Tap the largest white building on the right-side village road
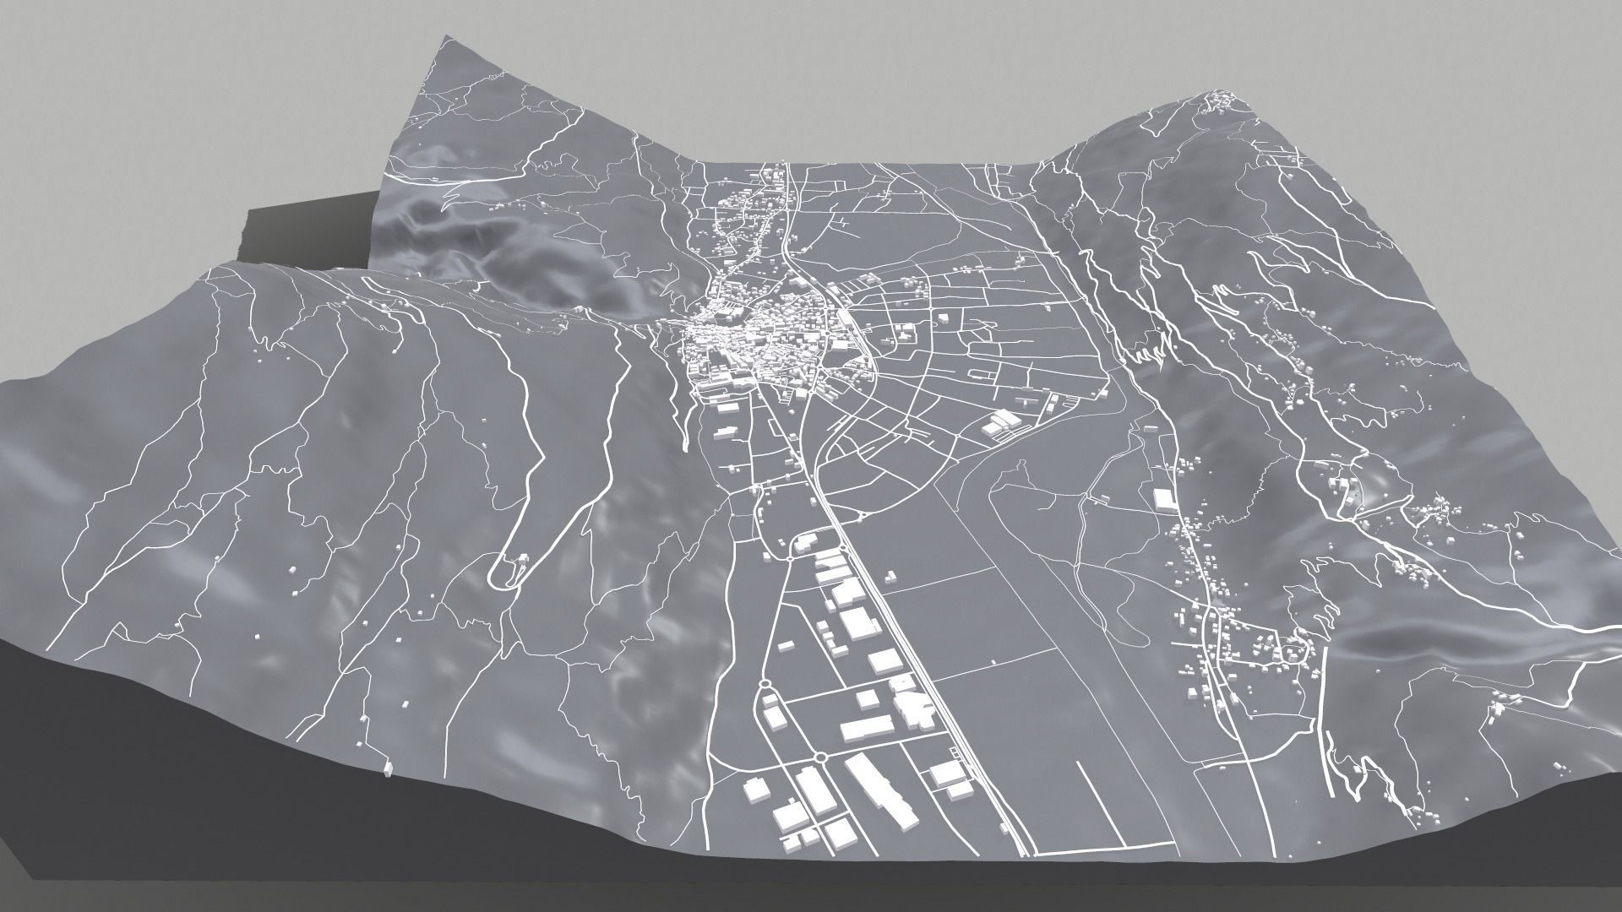(x=1165, y=499)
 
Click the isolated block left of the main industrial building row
(x=787, y=646)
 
